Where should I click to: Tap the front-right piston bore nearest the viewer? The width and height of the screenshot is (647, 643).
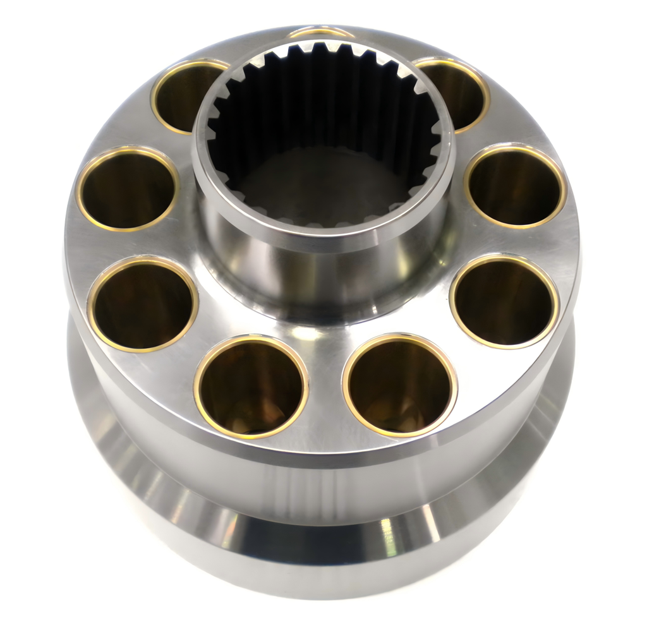[399, 385]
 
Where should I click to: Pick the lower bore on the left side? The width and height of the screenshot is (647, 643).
[143, 304]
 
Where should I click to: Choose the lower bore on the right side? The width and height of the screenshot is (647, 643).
[504, 301]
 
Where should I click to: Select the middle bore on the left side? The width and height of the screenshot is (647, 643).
[127, 188]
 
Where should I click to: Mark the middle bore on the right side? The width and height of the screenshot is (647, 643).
[516, 186]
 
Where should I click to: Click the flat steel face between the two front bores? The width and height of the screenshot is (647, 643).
[325, 392]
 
